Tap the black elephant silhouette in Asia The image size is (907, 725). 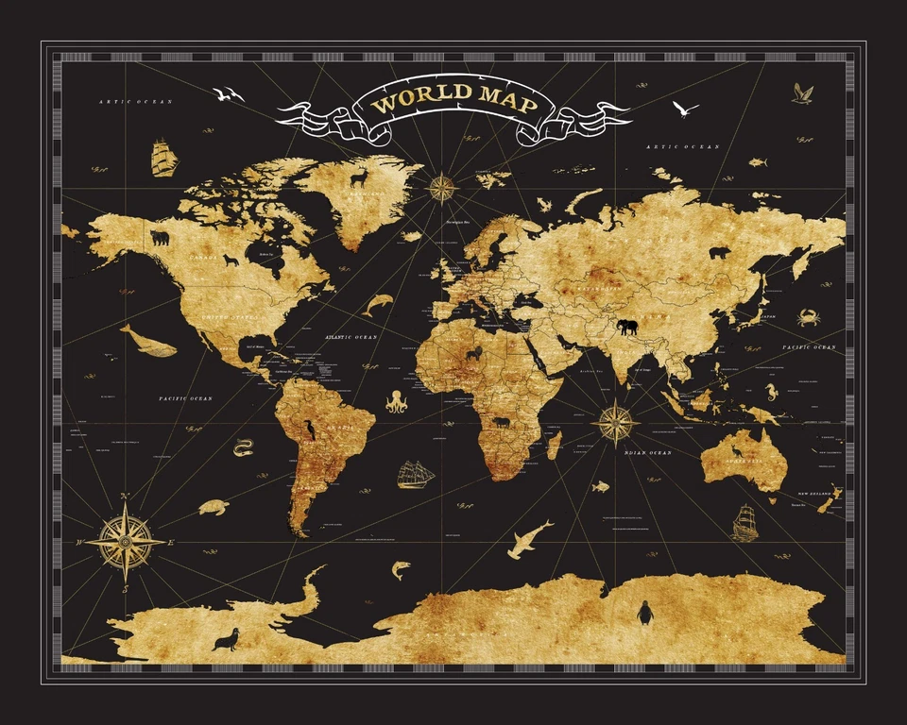[626, 327]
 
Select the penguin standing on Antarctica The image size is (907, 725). [646, 614]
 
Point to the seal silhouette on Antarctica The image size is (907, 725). [226, 640]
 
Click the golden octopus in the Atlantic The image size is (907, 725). [396, 401]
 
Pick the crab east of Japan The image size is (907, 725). [808, 317]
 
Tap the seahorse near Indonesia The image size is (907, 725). [772, 389]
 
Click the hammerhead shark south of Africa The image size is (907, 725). [529, 538]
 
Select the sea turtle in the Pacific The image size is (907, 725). [214, 507]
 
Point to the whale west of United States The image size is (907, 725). [148, 341]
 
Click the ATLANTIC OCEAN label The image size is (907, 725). [351, 337]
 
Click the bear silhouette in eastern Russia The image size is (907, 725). [720, 253]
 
